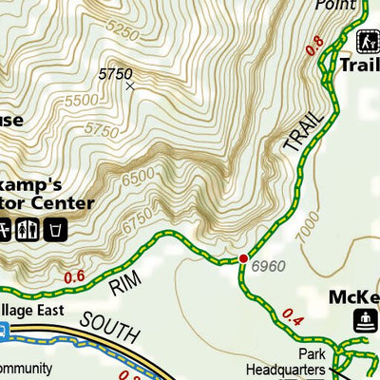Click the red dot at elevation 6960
coord(243,258)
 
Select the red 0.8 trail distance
coord(314,44)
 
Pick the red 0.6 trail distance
coord(75,276)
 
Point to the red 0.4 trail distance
coord(292,320)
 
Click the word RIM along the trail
coord(123,285)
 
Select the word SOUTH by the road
coord(108,329)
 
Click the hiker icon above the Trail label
coord(368,41)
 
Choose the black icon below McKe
coord(365,321)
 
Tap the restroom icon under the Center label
coord(27,229)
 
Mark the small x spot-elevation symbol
coord(130,86)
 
